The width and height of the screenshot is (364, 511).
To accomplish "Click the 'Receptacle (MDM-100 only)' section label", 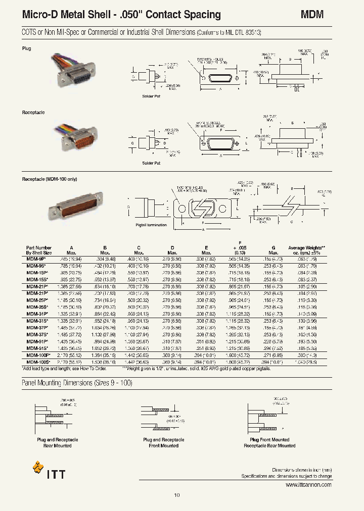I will (x=49, y=179).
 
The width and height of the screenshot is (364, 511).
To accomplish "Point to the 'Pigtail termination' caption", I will (x=151, y=225).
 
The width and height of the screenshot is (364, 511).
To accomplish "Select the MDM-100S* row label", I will (x=38, y=362).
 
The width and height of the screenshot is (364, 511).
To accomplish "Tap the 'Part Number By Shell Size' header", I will (x=39, y=250).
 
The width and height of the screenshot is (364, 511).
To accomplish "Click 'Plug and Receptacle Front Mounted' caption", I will (x=163, y=442).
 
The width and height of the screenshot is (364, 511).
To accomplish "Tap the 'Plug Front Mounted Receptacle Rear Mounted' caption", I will (x=269, y=442).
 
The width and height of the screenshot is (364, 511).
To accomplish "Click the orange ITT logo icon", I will (x=38, y=467).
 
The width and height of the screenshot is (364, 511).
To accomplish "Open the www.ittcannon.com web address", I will (x=308, y=484).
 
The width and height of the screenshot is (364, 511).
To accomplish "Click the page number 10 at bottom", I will (x=177, y=495).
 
